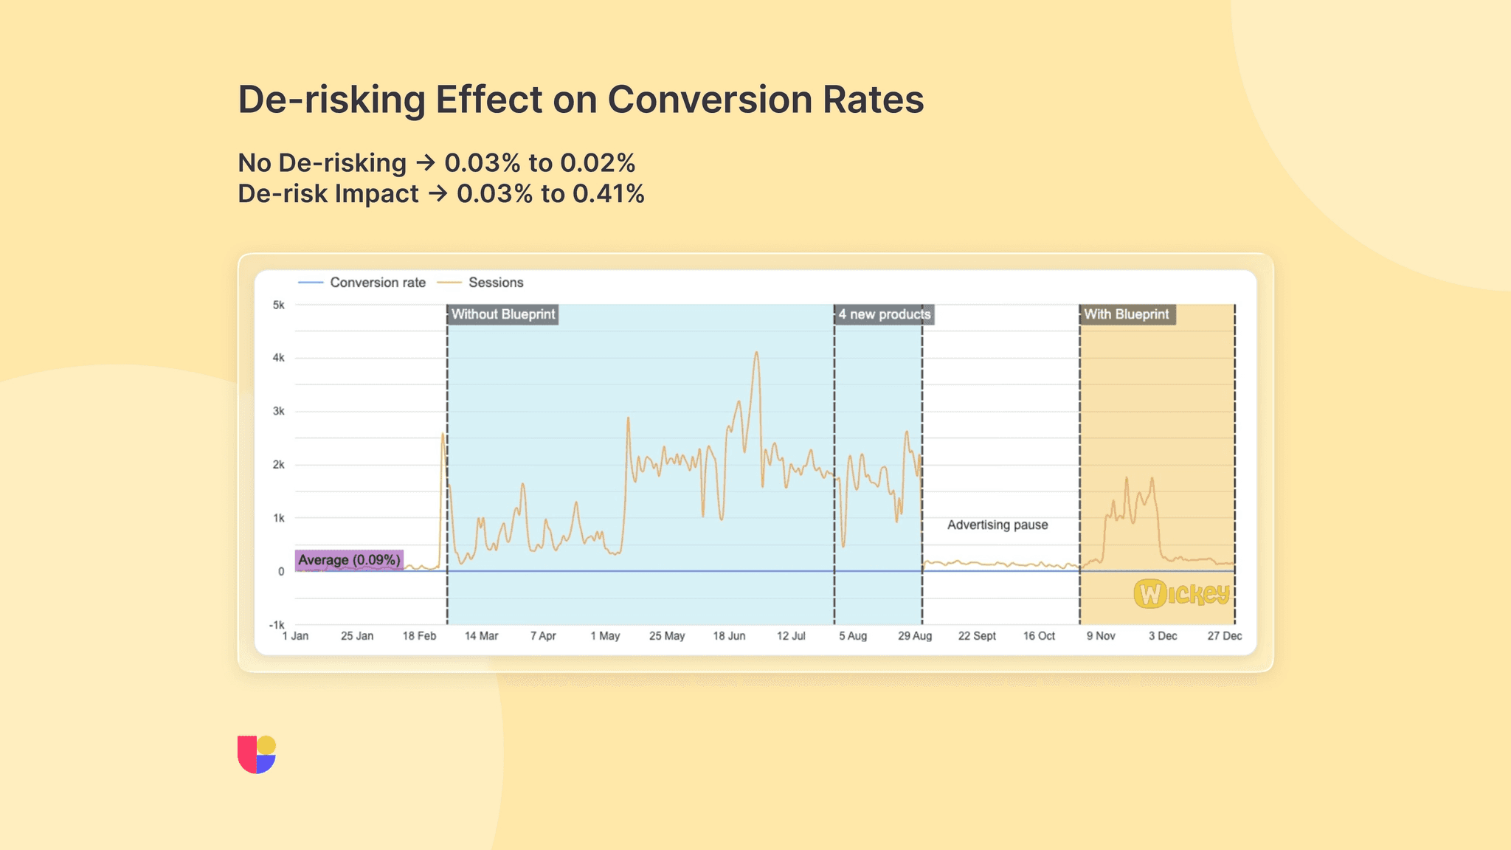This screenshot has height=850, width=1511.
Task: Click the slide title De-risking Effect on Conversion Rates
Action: pos(580,100)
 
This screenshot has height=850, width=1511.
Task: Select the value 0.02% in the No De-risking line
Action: pos(598,163)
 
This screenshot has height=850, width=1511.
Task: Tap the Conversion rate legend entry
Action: pos(377,283)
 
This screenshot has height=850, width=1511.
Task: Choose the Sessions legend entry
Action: pos(495,283)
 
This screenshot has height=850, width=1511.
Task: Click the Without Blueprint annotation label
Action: pos(502,314)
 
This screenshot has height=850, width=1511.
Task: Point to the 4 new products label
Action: pos(884,314)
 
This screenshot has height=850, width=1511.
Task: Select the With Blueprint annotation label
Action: pos(1127,314)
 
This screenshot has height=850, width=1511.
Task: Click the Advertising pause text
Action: pos(997,525)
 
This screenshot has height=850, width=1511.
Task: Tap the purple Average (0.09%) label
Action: pos(349,560)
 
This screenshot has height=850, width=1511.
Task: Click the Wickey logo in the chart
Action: pos(1181,593)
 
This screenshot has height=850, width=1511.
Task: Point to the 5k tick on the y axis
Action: pos(278,305)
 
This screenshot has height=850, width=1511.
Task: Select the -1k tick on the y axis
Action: pos(277,625)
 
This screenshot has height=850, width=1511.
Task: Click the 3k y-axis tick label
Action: pos(278,411)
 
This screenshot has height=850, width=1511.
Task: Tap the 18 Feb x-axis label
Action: pos(419,636)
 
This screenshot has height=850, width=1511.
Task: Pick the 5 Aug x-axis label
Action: pos(852,636)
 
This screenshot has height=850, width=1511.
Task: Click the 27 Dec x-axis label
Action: pos(1224,636)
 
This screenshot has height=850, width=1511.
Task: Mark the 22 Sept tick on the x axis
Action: pos(977,636)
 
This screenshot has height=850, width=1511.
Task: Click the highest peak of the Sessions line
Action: pos(756,353)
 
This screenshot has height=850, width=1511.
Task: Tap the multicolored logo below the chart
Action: pos(257,754)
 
